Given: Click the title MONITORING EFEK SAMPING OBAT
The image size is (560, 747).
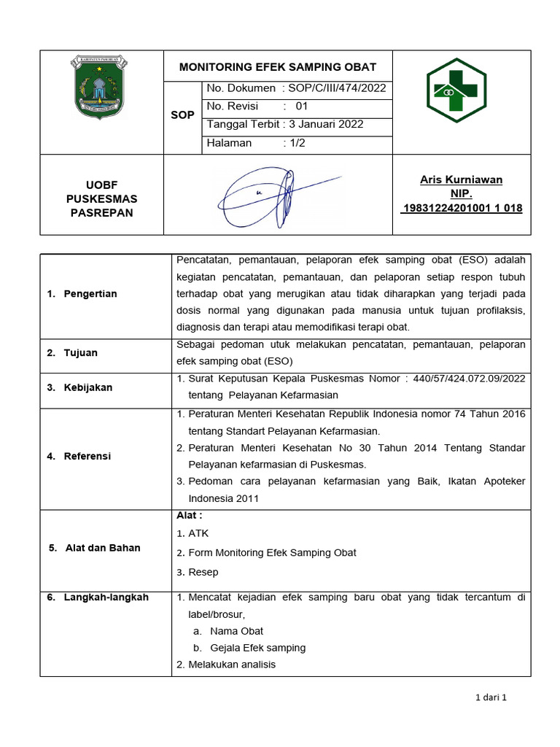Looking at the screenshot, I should click(x=278, y=67).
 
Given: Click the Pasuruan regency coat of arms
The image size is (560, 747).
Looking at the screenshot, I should click(x=101, y=87).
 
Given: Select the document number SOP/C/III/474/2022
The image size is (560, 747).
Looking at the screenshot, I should click(x=337, y=88).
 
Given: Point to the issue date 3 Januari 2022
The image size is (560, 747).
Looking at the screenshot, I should click(x=326, y=124).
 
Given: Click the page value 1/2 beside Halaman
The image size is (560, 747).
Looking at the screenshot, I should click(x=297, y=143).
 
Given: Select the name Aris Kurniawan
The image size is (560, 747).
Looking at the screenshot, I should click(x=461, y=179).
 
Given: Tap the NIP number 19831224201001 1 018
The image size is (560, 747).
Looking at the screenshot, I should click(x=462, y=209).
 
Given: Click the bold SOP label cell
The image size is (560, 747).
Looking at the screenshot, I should click(x=182, y=115).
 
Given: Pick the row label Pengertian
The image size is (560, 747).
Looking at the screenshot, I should click(x=90, y=293).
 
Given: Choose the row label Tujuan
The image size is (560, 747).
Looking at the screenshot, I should click(x=80, y=352).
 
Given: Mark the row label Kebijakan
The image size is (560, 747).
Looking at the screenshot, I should click(x=87, y=387).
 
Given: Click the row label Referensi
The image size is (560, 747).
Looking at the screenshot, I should click(x=87, y=456).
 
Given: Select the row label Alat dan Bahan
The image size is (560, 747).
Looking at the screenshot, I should click(x=102, y=548).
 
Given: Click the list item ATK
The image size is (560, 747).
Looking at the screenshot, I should click(x=198, y=533).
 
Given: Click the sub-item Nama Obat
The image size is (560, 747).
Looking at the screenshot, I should click(x=236, y=631).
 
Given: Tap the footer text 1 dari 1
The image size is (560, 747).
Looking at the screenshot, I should click(x=490, y=697).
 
